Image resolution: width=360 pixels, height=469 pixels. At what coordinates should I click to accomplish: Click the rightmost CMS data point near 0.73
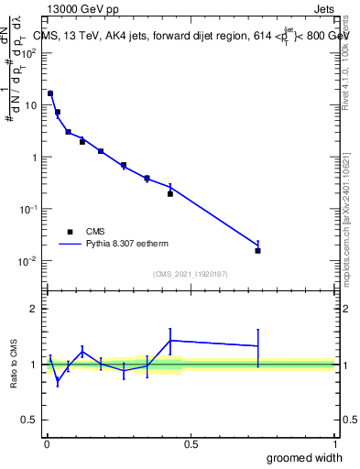(x=258, y=250)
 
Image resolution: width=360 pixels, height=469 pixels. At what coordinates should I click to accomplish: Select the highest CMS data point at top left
(x=50, y=93)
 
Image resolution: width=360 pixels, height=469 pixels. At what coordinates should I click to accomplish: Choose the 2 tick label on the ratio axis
(x=35, y=309)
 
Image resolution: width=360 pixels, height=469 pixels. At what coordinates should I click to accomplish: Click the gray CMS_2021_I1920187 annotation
(x=191, y=273)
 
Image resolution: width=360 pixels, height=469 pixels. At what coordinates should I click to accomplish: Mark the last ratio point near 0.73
(x=258, y=345)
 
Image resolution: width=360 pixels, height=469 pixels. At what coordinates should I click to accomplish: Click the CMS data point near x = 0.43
(x=170, y=193)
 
